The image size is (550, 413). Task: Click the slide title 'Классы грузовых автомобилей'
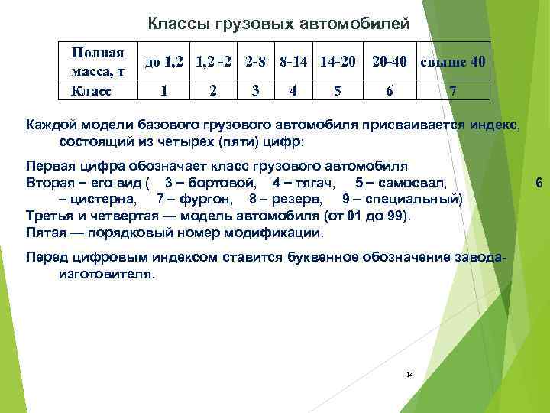coord(278,24)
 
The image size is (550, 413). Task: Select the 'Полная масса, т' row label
coord(98,62)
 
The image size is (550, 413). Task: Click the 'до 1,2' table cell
coord(163,62)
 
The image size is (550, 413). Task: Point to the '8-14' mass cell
coord(294,62)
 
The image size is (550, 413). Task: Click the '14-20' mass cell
coord(338,62)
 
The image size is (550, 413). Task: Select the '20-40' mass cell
coord(390,62)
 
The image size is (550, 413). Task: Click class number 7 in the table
coord(453,90)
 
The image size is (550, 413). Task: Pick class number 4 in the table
coord(294,90)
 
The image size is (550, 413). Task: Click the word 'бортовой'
coord(222,184)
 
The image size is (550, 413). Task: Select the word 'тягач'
coord(312,184)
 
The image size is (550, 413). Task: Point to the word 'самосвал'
coord(417,184)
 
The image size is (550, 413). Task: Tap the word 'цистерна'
coord(102,200)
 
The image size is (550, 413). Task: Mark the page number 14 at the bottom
coord(409,375)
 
